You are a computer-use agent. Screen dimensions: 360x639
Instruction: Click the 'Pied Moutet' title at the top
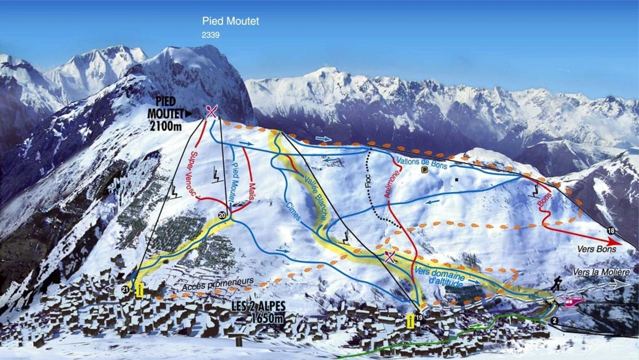tap(230, 21)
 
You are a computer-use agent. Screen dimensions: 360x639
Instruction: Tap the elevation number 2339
tap(210, 35)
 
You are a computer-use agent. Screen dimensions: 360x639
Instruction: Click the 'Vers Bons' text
tap(596, 249)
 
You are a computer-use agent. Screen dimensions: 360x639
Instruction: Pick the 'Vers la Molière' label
tap(601, 272)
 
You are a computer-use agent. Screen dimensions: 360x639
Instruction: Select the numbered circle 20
tap(222, 215)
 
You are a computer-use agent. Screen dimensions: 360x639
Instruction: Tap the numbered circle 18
tap(610, 230)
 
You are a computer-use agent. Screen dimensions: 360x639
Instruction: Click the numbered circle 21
tap(125, 290)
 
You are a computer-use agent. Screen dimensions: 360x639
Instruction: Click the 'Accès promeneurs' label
tap(218, 284)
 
